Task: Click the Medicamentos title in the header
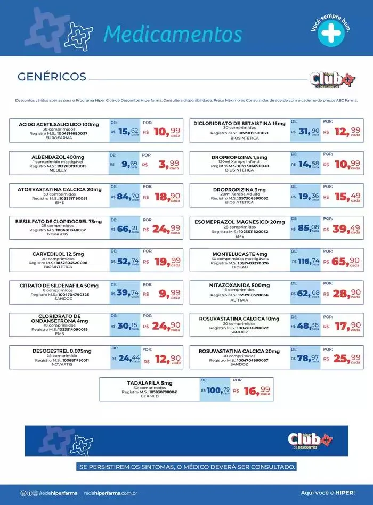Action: point(173,33)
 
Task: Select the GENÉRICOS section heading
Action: point(52,77)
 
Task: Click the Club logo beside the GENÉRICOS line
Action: point(331,79)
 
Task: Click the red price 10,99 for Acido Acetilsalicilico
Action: point(167,132)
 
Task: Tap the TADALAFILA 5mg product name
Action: point(149,383)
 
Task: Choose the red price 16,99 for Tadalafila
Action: point(257,391)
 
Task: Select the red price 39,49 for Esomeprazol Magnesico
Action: point(348,229)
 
